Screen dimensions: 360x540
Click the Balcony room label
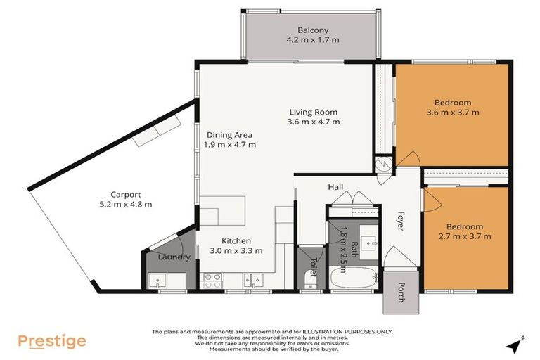pyautogui.click(x=313, y=30)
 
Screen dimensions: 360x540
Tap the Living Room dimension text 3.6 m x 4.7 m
pyautogui.click(x=314, y=122)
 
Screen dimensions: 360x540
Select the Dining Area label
pyautogui.click(x=229, y=135)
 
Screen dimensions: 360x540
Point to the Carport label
pyautogui.click(x=126, y=195)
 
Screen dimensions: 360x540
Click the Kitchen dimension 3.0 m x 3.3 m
pyautogui.click(x=236, y=250)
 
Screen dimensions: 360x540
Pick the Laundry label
pyautogui.click(x=174, y=257)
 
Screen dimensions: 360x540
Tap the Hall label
pyautogui.click(x=335, y=187)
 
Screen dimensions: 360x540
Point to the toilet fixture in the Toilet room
pyautogui.click(x=309, y=281)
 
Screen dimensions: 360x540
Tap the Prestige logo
pyautogui.click(x=52, y=342)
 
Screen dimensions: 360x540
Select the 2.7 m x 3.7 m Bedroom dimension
pyautogui.click(x=464, y=236)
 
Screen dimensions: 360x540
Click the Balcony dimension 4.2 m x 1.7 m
pyautogui.click(x=313, y=40)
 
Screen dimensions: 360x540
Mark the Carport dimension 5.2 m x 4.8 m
pyautogui.click(x=126, y=205)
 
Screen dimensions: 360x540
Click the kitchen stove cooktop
pyautogui.click(x=212, y=281)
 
